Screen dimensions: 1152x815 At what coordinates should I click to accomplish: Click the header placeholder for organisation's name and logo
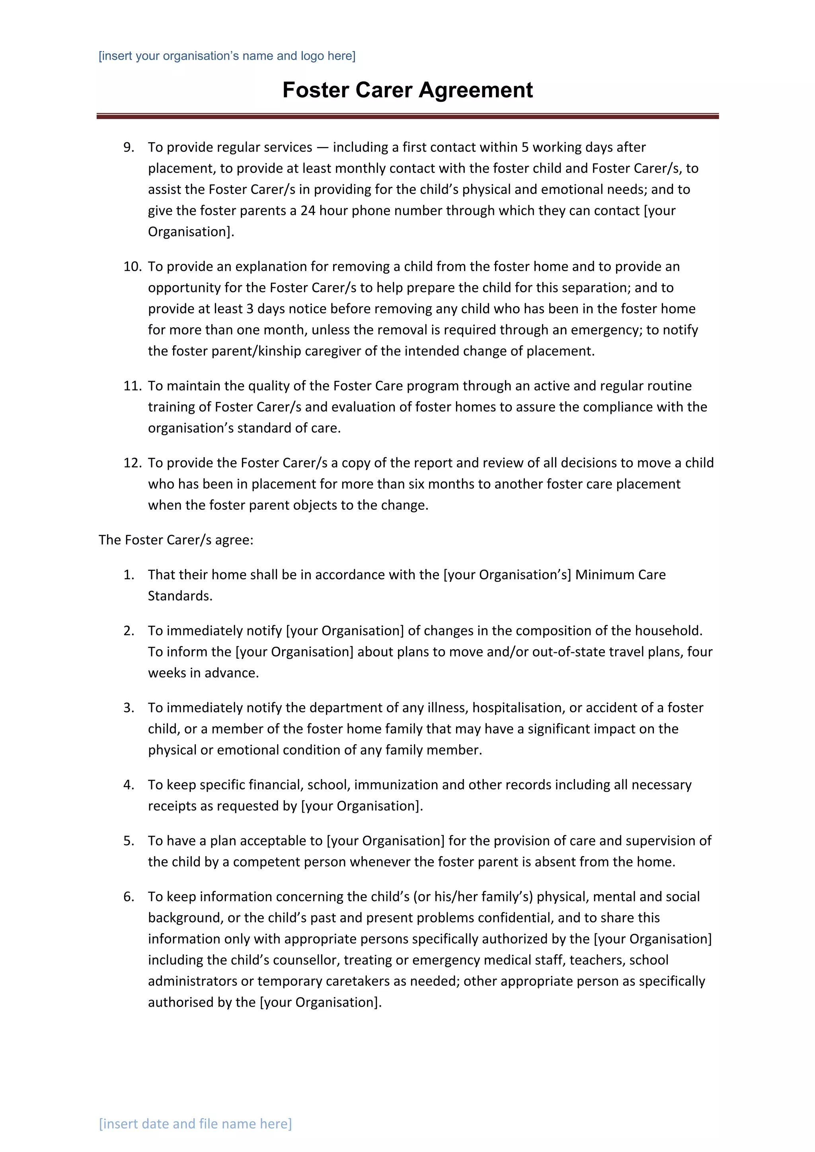pos(227,56)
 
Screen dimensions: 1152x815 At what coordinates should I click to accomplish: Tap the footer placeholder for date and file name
pos(195,1123)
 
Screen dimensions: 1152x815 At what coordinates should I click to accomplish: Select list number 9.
pos(129,147)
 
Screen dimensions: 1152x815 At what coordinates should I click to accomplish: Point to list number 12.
pos(133,463)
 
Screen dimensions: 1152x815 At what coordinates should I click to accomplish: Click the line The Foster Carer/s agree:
pos(176,540)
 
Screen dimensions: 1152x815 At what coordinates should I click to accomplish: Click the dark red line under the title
pos(407,116)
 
